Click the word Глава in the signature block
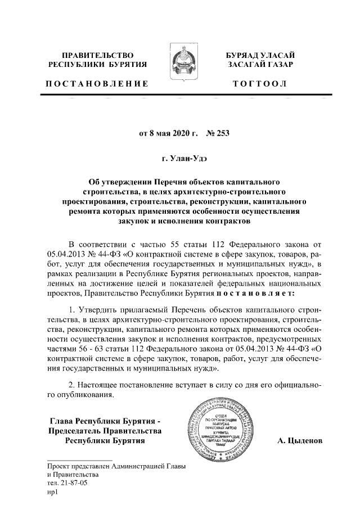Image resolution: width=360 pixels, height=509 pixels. click(62, 420)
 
